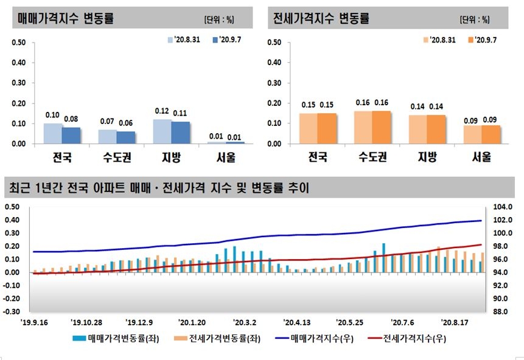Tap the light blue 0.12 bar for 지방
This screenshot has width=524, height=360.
pyautogui.click(x=162, y=131)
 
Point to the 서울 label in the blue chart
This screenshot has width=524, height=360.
pyautogui.click(x=226, y=157)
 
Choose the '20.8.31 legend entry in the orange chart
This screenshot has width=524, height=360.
pyautogui.click(x=439, y=40)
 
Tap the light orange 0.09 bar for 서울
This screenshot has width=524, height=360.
pyautogui.click(x=472, y=134)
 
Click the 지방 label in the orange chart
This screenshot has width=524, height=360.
pyautogui.click(x=427, y=157)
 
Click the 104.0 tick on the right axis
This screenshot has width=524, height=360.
pyautogui.click(x=506, y=207)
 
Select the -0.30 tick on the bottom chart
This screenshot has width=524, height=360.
pyautogui.click(x=12, y=311)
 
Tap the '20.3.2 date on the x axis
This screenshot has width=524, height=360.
pyautogui.click(x=245, y=322)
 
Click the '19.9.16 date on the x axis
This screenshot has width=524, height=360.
pyautogui.click(x=36, y=322)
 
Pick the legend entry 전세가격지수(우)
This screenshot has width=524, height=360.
pyautogui.click(x=414, y=341)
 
